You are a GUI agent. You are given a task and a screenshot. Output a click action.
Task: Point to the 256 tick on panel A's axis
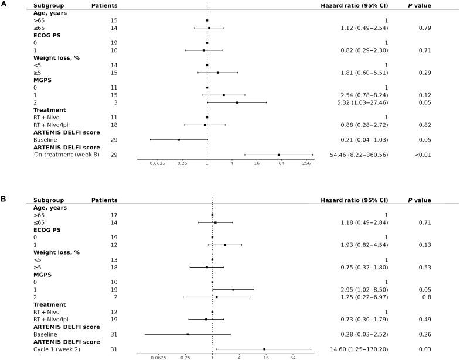[306, 164]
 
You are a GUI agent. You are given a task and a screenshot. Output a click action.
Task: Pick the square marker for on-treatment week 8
[278, 155]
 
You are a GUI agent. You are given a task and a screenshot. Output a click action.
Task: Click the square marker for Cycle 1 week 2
[264, 349]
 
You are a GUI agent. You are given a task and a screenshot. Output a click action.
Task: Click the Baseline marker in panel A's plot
[179, 140]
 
